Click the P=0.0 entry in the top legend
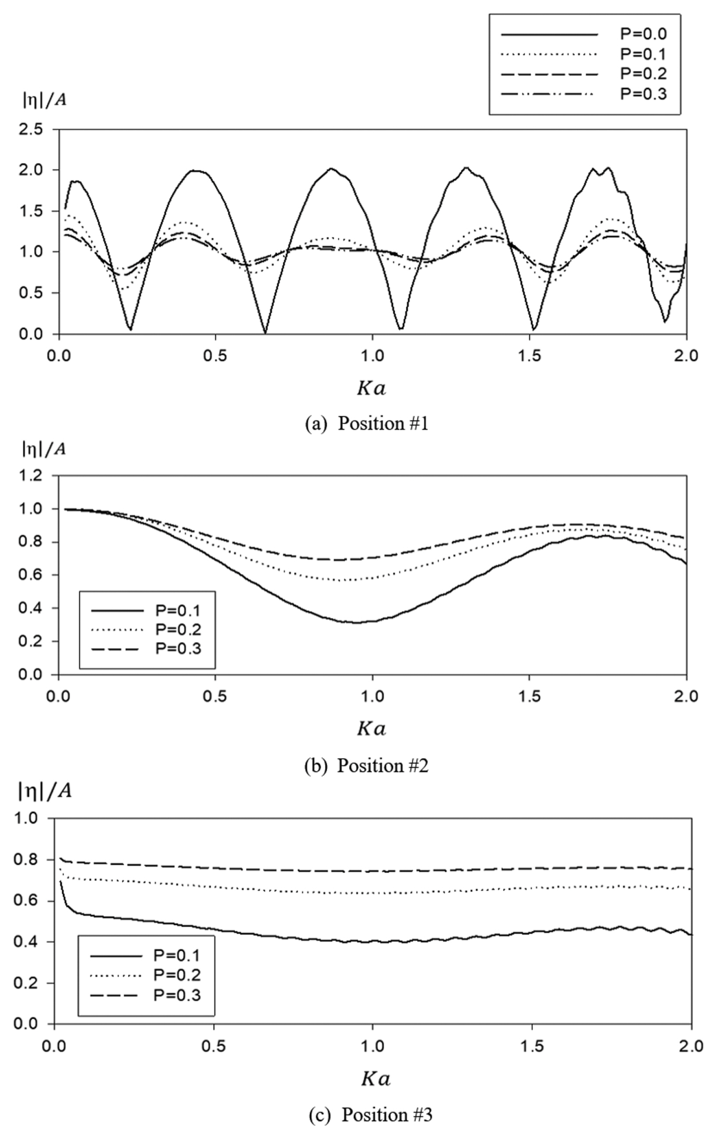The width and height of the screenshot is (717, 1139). (643, 34)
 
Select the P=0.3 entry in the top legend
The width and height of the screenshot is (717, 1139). (643, 94)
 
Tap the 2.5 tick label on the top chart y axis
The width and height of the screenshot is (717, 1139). (30, 129)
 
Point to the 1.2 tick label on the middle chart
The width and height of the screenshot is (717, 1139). (30, 476)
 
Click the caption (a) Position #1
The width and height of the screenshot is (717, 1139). (367, 423)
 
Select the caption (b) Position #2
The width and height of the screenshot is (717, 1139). (367, 765)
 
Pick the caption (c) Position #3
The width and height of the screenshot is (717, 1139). (370, 1114)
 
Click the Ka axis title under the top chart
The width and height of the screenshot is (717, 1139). (371, 388)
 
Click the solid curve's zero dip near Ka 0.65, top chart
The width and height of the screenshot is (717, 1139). (265, 332)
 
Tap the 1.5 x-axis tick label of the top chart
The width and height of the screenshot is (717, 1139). (529, 355)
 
